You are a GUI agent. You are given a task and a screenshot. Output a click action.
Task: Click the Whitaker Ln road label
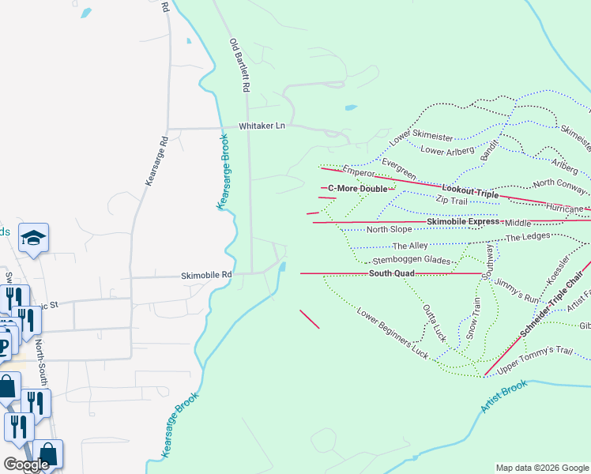click(262, 126)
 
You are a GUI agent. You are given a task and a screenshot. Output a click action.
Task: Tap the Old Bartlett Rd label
click(239, 66)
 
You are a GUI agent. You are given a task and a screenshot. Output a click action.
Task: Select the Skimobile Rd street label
click(206, 275)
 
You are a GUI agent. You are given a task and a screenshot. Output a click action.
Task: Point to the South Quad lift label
click(391, 274)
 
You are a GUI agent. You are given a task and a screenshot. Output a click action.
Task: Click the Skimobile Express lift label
click(463, 222)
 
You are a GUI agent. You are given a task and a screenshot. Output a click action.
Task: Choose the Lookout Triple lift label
click(470, 191)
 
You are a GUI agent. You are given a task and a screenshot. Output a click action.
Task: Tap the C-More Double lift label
click(358, 189)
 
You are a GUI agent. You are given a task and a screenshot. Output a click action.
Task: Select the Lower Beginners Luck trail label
click(393, 328)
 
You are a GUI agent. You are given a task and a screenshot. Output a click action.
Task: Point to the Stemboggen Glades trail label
click(412, 260)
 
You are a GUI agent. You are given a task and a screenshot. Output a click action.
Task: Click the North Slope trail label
click(390, 230)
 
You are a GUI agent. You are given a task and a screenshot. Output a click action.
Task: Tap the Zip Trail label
click(453, 201)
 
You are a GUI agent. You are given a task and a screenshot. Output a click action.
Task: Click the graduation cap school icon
click(34, 237)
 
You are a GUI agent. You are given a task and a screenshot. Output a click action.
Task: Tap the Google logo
click(27, 465)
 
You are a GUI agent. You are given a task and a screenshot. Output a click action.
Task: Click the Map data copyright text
click(541, 468)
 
